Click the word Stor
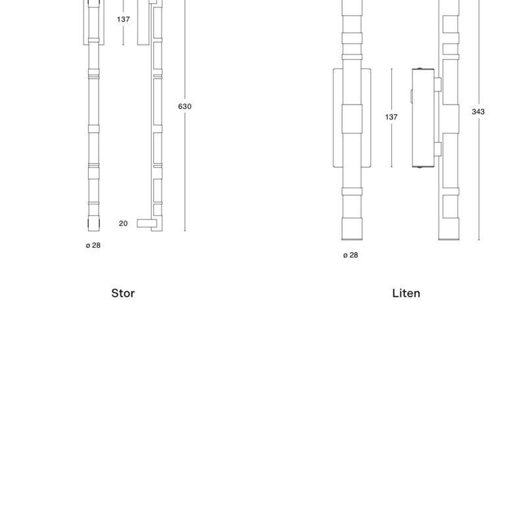click(x=123, y=293)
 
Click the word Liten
click(x=406, y=293)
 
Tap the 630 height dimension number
click(x=185, y=107)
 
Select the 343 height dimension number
click(x=478, y=112)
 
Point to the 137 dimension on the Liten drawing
click(x=391, y=117)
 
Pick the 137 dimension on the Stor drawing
click(x=123, y=20)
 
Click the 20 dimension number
click(x=123, y=224)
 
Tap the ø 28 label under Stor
click(x=93, y=245)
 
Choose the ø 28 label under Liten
click(x=350, y=255)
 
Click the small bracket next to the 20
click(x=147, y=224)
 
